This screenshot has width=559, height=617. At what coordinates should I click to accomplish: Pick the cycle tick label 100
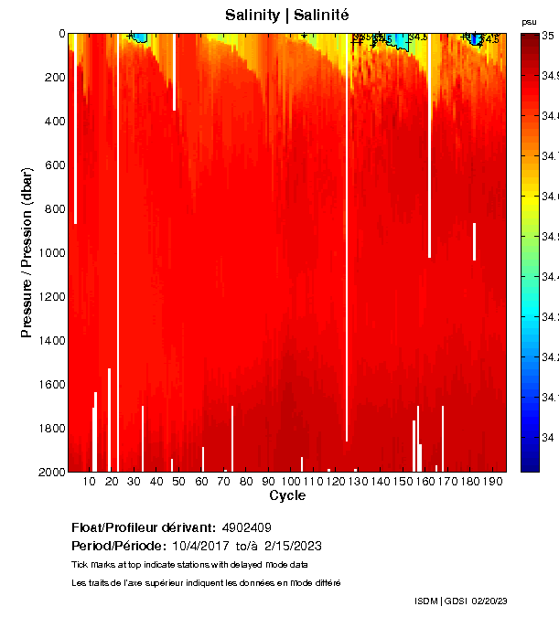(x=291, y=481)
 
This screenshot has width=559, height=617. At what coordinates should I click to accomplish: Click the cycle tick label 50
(x=178, y=481)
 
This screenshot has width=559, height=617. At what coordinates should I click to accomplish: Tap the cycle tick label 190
(x=492, y=481)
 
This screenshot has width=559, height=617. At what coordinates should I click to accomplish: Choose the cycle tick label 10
(x=90, y=481)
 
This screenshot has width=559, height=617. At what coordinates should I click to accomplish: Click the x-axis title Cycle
(x=286, y=495)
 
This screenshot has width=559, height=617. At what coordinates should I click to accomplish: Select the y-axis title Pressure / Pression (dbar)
(x=27, y=252)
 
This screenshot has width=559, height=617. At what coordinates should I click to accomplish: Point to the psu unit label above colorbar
(x=529, y=22)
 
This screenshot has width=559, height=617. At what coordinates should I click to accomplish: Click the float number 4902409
(x=245, y=527)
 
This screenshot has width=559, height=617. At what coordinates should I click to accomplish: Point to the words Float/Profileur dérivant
(x=142, y=527)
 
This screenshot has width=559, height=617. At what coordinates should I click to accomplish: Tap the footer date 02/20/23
(x=489, y=601)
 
